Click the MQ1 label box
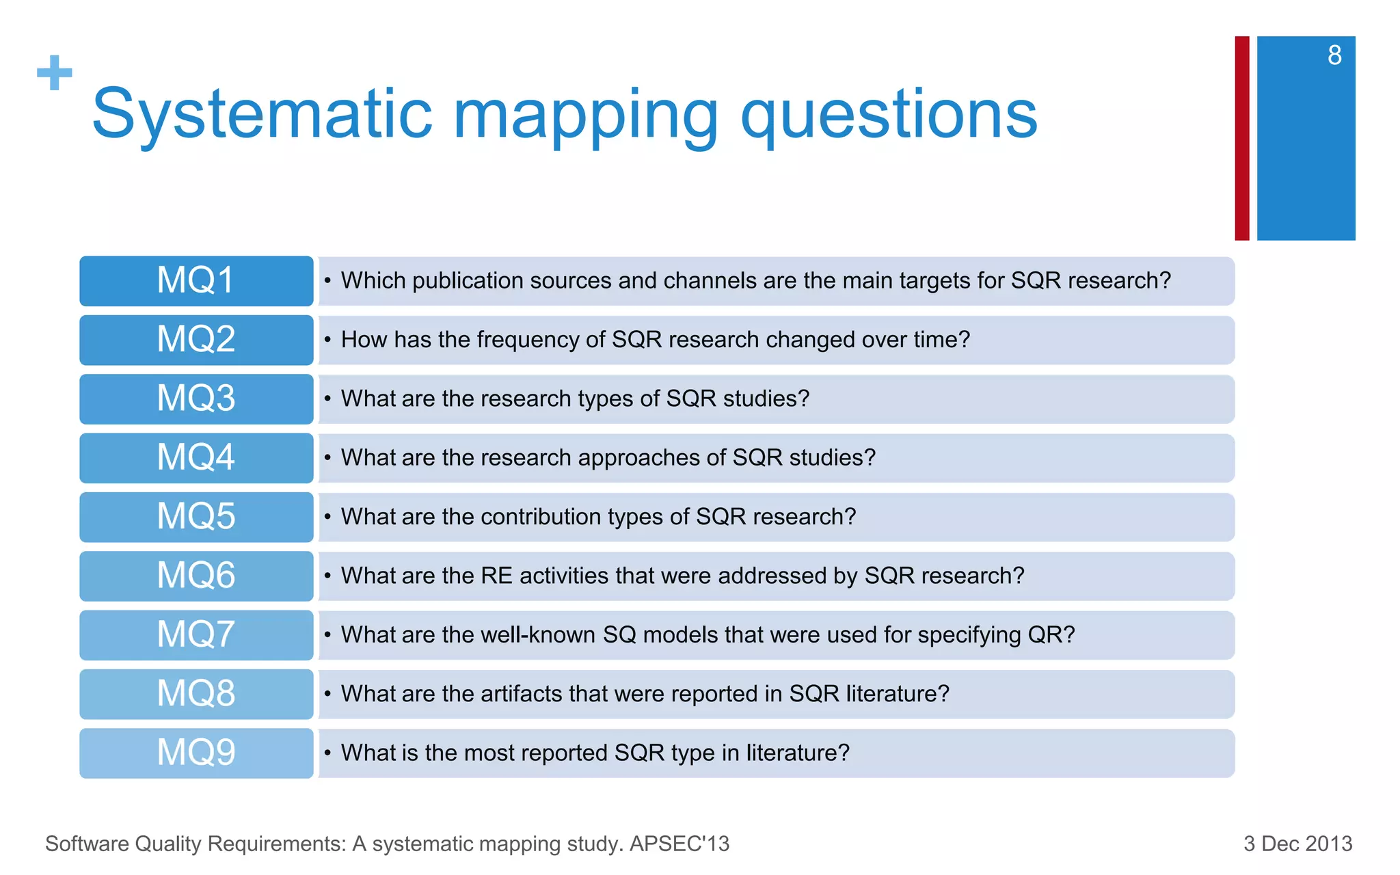(x=196, y=281)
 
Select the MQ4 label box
(x=196, y=458)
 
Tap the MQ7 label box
(x=196, y=635)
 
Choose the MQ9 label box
(x=196, y=753)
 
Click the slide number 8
(x=1334, y=55)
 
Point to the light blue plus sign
(x=55, y=73)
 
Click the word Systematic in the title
(x=262, y=115)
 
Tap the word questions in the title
(x=889, y=115)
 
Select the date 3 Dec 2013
(x=1297, y=844)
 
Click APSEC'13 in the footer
(x=679, y=844)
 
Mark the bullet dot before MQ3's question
(x=327, y=399)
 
